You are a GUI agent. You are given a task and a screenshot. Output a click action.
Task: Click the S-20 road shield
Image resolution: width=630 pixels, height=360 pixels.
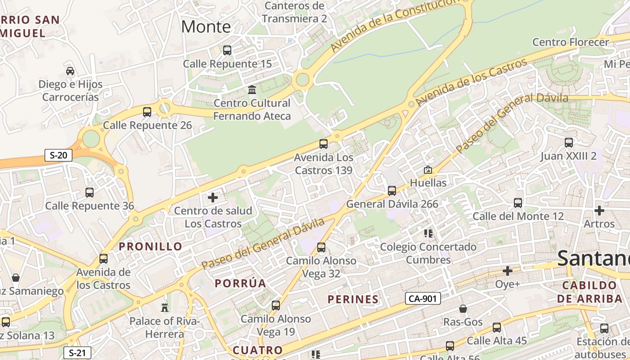(x=58, y=156)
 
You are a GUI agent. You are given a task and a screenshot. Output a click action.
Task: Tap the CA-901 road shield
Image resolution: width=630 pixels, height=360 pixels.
(x=423, y=298)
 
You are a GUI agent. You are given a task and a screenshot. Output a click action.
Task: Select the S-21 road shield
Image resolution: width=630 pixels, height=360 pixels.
(x=77, y=353)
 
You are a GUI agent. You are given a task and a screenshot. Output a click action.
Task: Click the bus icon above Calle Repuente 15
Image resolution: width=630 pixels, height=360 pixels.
(x=227, y=50)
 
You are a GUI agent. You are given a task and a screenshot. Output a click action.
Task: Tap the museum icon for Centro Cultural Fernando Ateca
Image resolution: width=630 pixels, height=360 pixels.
(x=252, y=90)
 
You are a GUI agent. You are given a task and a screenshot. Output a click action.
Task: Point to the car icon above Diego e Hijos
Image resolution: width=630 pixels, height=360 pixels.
(x=70, y=71)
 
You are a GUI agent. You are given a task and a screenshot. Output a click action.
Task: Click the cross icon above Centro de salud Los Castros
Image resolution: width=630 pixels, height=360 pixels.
(x=213, y=198)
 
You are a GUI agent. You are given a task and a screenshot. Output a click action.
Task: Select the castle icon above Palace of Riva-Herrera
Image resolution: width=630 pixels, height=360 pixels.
(x=165, y=308)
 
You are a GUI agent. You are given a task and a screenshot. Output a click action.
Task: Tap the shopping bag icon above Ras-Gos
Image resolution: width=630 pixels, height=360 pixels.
(x=463, y=309)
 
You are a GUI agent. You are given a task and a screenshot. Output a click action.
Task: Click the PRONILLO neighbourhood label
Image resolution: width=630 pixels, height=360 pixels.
(x=150, y=247)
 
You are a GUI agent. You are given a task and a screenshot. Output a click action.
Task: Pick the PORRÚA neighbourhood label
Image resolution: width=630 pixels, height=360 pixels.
(x=240, y=283)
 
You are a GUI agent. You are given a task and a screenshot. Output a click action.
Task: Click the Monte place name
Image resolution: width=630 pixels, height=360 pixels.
(x=206, y=27)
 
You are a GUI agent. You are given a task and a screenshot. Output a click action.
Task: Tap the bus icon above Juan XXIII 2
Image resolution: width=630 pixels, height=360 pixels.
(x=569, y=143)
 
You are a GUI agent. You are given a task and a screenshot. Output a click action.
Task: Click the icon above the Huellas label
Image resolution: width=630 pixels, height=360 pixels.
(x=427, y=170)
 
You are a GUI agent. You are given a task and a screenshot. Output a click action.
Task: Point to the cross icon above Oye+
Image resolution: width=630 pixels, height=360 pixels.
(x=508, y=271)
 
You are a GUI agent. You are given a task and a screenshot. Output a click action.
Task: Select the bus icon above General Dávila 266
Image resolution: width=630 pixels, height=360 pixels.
(x=392, y=191)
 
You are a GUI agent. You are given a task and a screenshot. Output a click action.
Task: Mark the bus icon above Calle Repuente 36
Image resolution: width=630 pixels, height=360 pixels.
(x=90, y=193)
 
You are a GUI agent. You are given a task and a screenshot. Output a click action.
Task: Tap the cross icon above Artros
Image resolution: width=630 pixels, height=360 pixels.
(x=599, y=211)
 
